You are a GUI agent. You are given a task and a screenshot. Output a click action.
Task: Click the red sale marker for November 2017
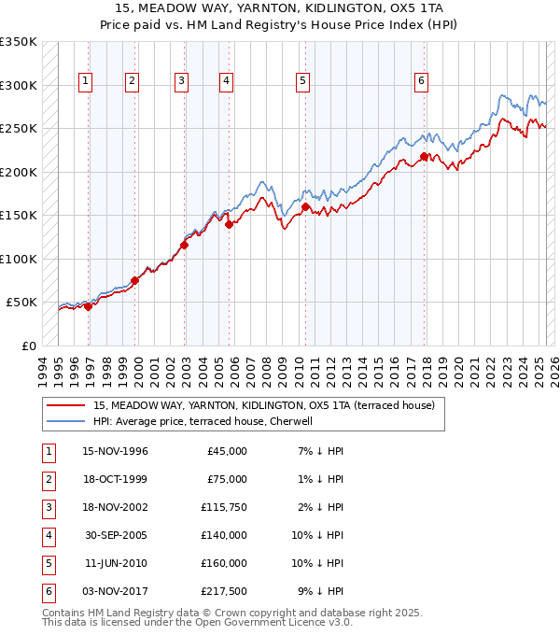point(424,157)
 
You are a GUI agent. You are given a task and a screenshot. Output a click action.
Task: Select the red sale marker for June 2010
point(305,206)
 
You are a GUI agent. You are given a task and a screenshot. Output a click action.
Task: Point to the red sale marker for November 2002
point(184,246)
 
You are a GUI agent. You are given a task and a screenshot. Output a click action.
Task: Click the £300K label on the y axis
point(19,85)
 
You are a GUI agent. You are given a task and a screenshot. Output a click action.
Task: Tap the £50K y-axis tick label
point(21,303)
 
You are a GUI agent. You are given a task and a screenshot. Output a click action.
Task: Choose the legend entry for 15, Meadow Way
point(264,405)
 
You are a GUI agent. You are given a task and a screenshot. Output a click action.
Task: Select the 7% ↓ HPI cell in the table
point(320,451)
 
